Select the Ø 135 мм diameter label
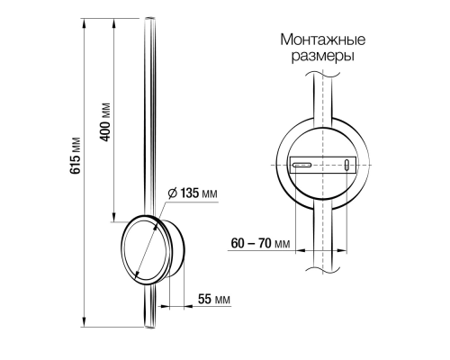193,193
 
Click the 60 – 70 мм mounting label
260,244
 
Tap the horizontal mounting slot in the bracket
303,165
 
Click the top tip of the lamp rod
149,18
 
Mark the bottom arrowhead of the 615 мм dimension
83,324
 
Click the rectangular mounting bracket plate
323,166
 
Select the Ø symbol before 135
171,193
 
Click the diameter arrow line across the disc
147,238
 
